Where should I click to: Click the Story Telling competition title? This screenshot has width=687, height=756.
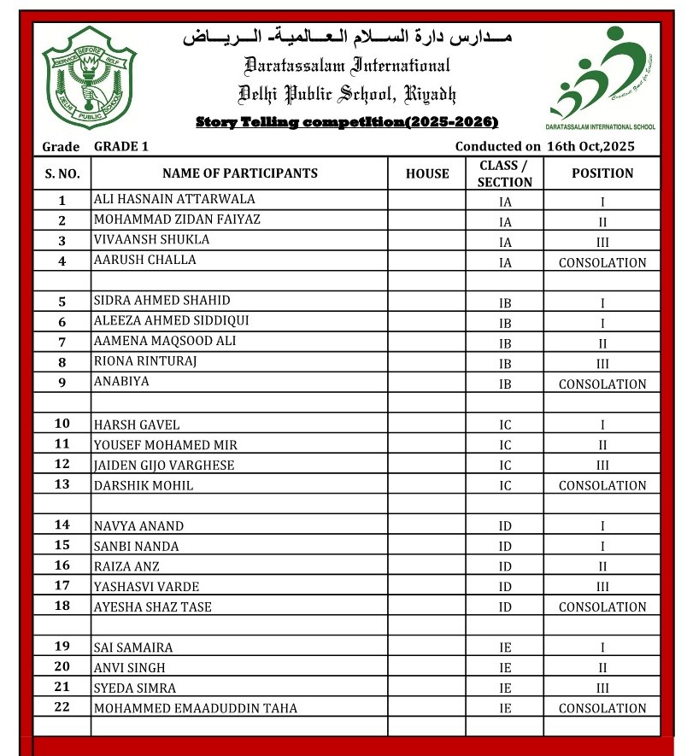[347, 122]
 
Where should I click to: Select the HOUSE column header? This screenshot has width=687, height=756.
[427, 173]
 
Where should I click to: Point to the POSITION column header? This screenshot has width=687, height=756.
[602, 173]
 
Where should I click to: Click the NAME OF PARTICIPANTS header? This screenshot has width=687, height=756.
[239, 173]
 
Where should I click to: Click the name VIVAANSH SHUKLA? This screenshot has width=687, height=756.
[151, 240]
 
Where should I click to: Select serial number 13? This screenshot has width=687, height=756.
[62, 485]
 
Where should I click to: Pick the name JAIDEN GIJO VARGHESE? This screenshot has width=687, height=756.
[164, 466]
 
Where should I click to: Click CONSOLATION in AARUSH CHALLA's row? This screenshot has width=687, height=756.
[602, 263]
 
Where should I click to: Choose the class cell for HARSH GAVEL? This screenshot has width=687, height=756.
[505, 425]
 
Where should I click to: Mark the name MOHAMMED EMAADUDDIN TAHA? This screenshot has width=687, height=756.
[196, 709]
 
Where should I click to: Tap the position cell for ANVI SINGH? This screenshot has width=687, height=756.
[602, 668]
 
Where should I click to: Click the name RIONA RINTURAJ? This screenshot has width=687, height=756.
[145, 361]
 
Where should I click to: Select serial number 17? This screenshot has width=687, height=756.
[62, 586]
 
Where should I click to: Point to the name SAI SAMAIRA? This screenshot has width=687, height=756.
[132, 648]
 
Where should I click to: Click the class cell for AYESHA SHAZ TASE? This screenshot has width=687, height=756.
[505, 607]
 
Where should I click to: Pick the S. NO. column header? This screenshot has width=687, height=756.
[62, 173]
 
